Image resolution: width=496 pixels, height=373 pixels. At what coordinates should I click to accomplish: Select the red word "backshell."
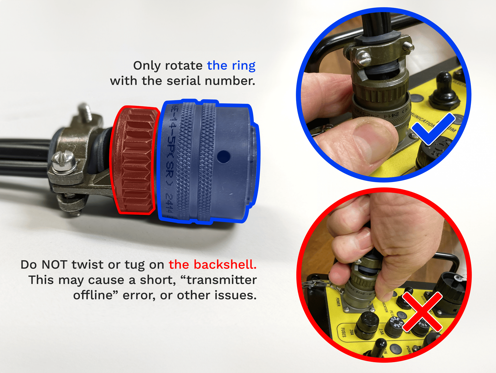[213, 264]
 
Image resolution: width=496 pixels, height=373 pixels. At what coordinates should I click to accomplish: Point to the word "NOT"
[55, 264]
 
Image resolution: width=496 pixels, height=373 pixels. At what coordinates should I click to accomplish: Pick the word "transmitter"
[222, 280]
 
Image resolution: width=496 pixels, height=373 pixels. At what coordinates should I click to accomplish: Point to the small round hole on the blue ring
[223, 157]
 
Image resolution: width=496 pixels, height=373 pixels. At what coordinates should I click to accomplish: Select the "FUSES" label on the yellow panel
[343, 332]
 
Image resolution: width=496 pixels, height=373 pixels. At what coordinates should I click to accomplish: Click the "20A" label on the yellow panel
[352, 332]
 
